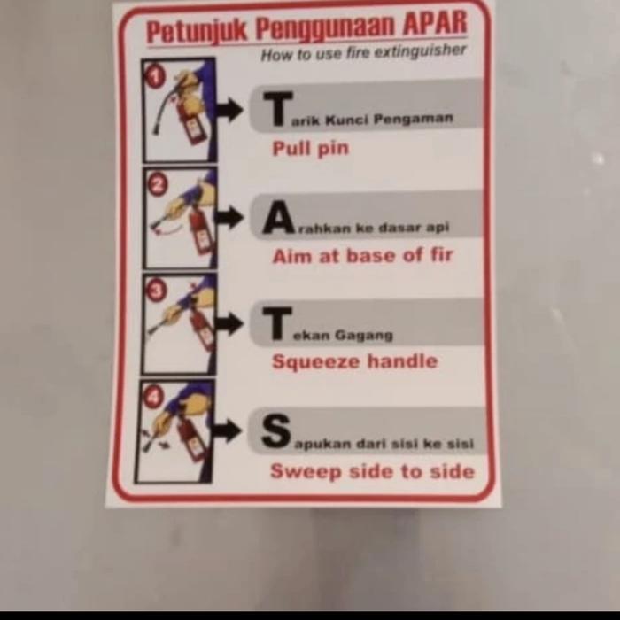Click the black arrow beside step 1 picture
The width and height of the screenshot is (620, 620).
(229, 110)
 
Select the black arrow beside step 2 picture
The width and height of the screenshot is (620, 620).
(229, 217)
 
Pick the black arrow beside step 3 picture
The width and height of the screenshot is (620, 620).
(229, 323)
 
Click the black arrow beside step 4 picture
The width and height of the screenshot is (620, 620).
(227, 431)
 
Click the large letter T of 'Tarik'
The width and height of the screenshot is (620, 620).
(277, 110)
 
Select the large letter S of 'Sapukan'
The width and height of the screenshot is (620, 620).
(276, 432)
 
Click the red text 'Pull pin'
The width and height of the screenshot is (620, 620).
(310, 148)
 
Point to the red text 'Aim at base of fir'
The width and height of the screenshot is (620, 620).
(362, 256)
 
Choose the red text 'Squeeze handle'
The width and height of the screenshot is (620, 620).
(354, 361)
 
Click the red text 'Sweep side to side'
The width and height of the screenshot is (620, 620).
(372, 471)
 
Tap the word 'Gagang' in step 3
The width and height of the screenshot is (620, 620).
(363, 335)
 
